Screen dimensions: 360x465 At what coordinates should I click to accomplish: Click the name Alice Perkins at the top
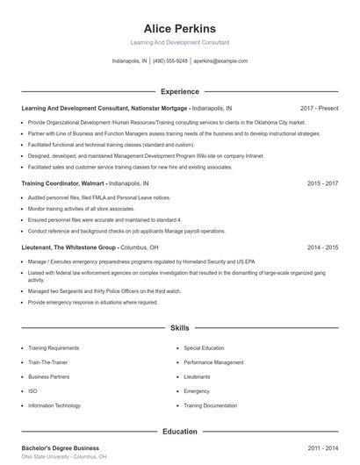click(179, 28)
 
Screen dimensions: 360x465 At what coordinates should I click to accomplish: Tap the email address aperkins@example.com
click(220, 61)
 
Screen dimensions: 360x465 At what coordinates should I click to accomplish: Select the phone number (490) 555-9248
click(169, 61)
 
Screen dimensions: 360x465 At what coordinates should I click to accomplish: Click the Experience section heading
click(179, 91)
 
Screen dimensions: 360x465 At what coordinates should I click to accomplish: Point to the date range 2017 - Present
click(319, 108)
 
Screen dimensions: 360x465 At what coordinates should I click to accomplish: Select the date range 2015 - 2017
click(322, 183)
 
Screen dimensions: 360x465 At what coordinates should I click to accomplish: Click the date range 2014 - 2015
click(322, 247)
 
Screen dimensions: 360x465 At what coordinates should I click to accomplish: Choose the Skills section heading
click(179, 328)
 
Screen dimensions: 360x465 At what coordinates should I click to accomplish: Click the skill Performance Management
click(213, 362)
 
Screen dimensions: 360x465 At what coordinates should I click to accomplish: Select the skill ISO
click(32, 391)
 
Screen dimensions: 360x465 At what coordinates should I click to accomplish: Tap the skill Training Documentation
click(211, 405)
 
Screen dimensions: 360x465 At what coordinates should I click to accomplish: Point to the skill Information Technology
click(54, 405)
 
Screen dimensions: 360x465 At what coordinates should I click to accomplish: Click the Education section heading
click(179, 432)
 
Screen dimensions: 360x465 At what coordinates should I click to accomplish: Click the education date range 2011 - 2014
click(322, 448)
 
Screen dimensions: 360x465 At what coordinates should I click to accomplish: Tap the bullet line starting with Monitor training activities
click(81, 209)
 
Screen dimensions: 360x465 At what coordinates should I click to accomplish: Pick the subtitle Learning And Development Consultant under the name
click(179, 42)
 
